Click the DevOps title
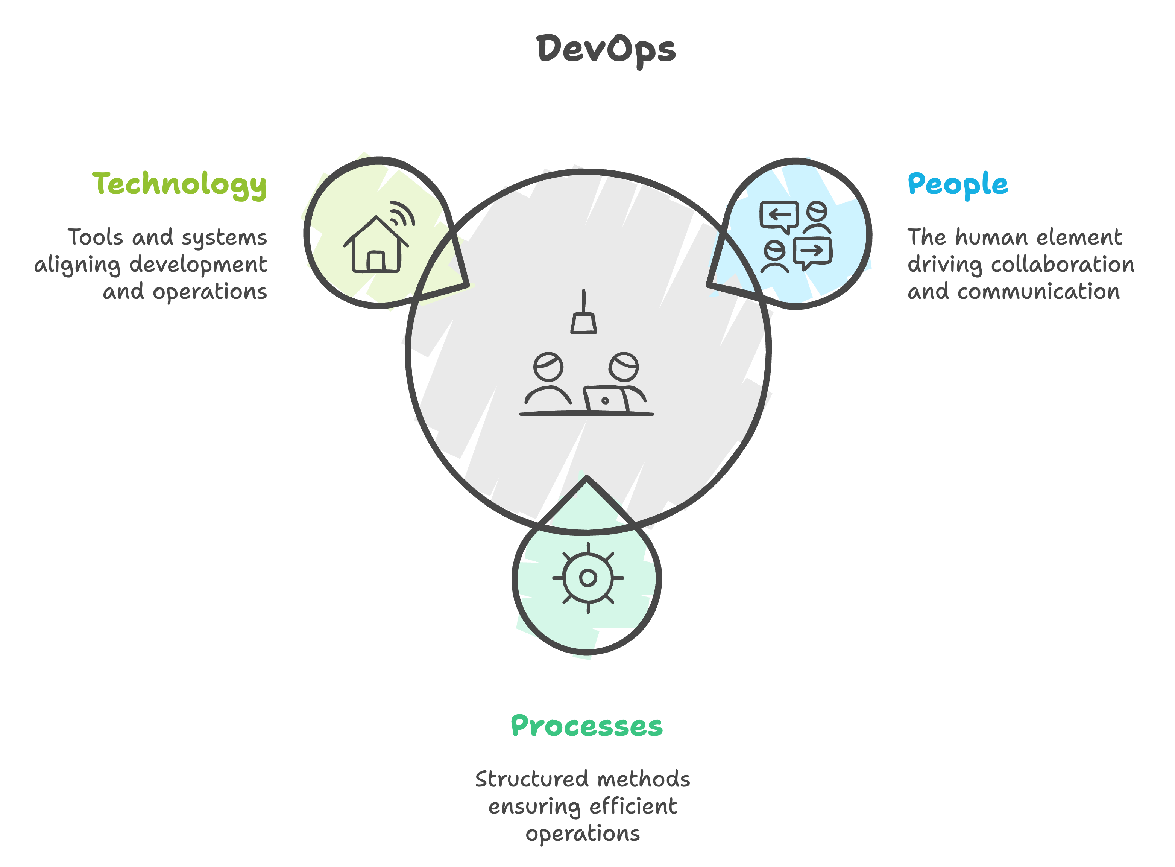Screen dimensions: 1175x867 tap(606, 50)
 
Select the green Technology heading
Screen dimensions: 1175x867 tap(179, 184)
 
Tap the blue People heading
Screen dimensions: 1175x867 tap(958, 184)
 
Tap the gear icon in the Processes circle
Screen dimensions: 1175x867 tap(588, 578)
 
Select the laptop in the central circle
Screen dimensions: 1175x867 tap(606, 399)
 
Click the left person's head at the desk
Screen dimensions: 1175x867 tap(548, 366)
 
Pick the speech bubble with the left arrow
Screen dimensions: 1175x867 tap(779, 216)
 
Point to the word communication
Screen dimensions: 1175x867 tap(1038, 292)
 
